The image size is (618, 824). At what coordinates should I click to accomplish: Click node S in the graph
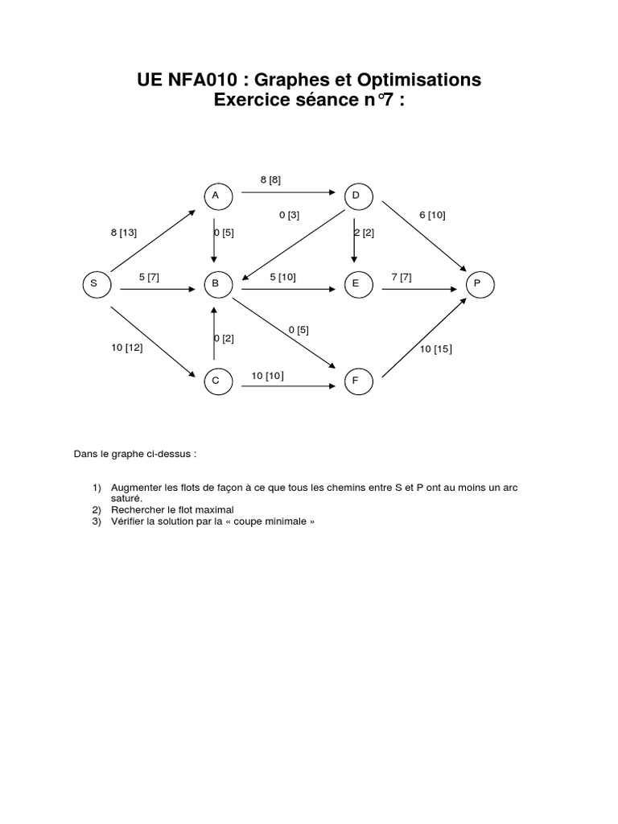94,283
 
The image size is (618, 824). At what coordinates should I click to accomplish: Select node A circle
216,196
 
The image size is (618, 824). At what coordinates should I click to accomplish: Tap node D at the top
356,196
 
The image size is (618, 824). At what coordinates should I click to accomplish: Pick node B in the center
216,283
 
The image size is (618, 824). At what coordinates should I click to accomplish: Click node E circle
356,283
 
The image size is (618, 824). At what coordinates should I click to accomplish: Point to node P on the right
477,283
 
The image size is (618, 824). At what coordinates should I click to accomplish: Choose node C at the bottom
216,381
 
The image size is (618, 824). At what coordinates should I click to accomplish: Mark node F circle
356,381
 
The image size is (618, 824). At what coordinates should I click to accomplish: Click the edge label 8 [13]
124,233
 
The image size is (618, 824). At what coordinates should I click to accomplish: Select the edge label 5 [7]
149,277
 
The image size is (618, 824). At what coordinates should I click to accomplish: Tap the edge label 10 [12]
127,348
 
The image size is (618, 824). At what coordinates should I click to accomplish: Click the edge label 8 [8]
270,180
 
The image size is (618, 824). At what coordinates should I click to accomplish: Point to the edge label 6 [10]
432,215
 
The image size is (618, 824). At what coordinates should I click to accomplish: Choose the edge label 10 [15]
435,348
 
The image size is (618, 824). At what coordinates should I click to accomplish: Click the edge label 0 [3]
289,215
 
